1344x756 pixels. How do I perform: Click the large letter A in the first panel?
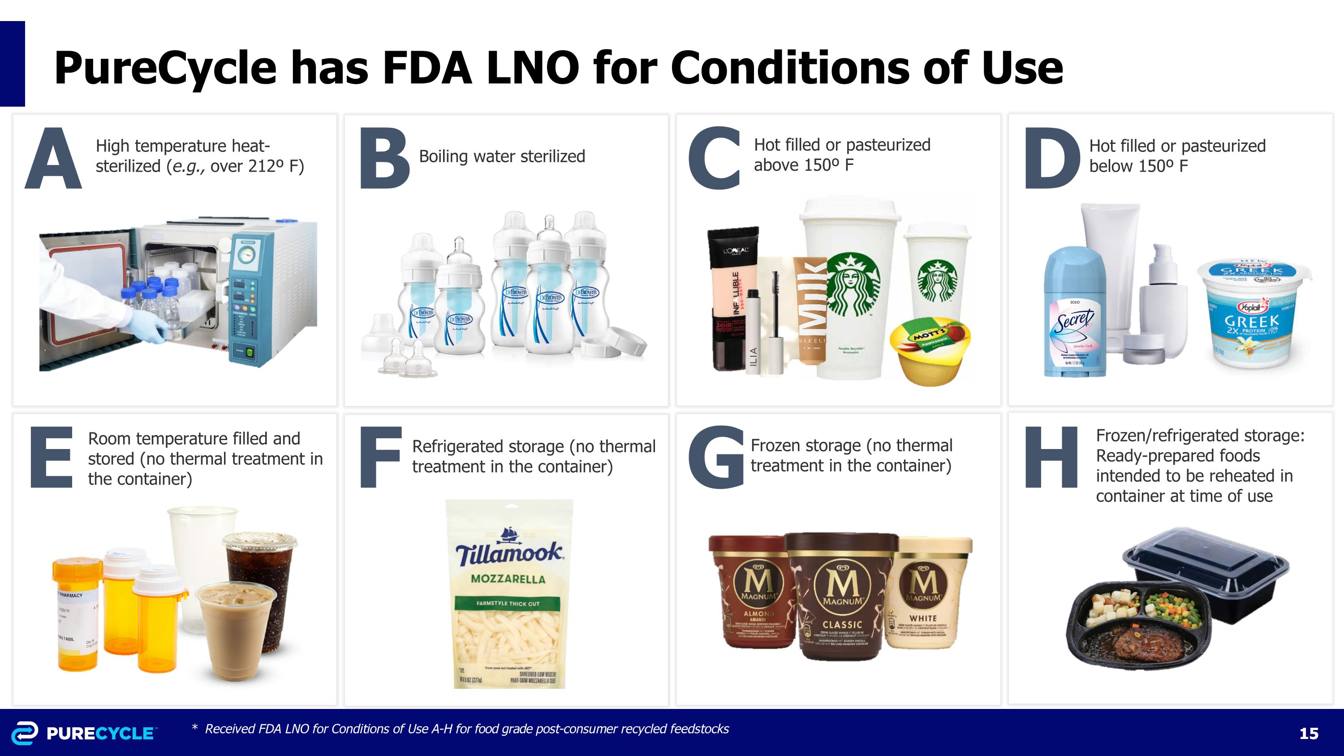click(53, 159)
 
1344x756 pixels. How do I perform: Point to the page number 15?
click(1309, 734)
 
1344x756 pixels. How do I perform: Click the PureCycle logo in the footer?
click(83, 733)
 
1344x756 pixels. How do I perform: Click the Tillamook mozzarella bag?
click(508, 594)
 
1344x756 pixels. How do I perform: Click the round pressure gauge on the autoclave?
click(247, 255)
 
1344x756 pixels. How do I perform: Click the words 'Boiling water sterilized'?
click(502, 156)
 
